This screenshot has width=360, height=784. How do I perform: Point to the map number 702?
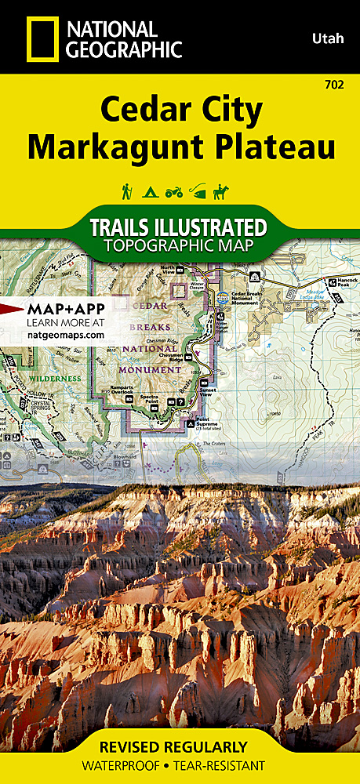click(342, 83)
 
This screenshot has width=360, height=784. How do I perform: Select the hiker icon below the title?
click(126, 191)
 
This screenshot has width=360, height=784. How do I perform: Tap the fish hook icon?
click(200, 191)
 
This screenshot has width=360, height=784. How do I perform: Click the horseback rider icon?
click(226, 191)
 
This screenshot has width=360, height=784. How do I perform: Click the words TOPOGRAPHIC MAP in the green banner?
click(180, 246)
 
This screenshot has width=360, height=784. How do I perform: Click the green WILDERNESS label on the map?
click(55, 378)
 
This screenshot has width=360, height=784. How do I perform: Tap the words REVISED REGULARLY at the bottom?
click(179, 746)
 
